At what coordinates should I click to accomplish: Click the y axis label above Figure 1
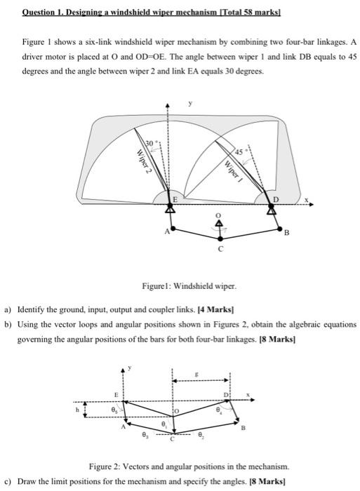point(188,103)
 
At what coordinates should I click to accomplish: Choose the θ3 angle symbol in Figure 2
point(146,436)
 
